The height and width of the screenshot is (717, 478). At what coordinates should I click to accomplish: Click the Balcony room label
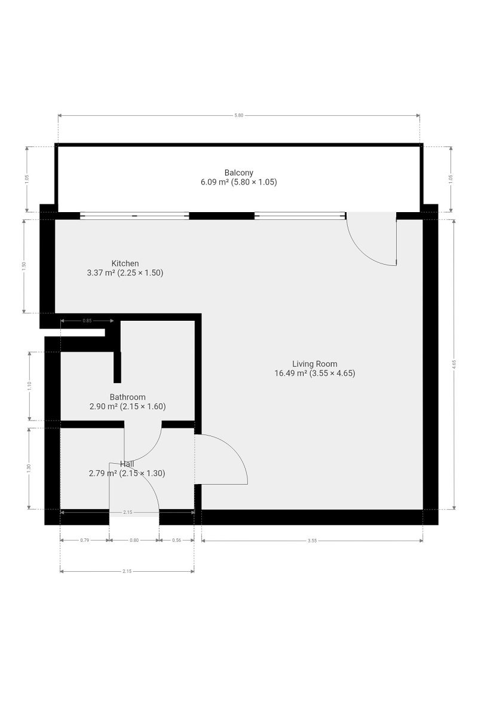238,173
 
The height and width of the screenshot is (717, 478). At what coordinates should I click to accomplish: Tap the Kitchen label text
125,263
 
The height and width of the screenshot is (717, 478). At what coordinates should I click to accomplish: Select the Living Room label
314,364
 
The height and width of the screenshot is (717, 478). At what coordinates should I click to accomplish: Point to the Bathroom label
127,397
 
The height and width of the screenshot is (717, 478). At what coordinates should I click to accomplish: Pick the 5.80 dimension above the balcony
238,115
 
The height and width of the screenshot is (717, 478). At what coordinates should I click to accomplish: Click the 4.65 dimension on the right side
454,365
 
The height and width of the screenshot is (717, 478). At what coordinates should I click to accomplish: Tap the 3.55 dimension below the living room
312,541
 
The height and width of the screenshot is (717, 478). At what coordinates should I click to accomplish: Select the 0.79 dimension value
84,540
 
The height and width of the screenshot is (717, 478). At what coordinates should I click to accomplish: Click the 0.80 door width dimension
134,540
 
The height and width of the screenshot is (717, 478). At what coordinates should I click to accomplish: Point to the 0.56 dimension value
176,540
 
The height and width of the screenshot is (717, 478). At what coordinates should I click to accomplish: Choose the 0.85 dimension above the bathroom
87,320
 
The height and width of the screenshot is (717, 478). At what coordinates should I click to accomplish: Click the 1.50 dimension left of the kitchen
24,266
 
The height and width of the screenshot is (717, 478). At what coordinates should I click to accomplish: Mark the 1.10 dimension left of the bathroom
29,386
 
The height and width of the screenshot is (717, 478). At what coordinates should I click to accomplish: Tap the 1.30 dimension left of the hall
29,468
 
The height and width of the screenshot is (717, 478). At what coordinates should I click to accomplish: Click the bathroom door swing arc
151,451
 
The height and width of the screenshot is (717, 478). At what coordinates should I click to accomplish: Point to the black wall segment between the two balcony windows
222,216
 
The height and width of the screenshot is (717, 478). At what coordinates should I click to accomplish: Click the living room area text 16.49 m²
291,373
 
